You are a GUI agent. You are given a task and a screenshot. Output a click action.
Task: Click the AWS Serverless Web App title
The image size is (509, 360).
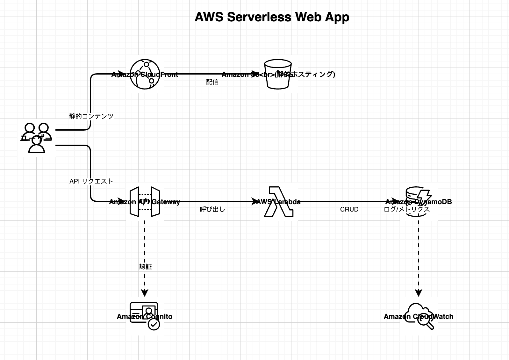pyautogui.click(x=272, y=17)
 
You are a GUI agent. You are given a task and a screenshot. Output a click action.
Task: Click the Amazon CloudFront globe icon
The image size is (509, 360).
pyautogui.click(x=145, y=74)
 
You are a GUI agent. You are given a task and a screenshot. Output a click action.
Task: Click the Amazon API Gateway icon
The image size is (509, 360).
pyautogui.click(x=145, y=202)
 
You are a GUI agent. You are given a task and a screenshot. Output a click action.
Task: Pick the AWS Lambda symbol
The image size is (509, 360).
pyautogui.click(x=278, y=202)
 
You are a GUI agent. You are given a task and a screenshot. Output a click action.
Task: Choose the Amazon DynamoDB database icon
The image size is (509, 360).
pyautogui.click(x=418, y=202)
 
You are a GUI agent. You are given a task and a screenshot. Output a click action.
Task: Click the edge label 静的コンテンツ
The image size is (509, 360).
pyautogui.click(x=91, y=116)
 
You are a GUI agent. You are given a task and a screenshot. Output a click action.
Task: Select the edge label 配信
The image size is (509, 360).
pyautogui.click(x=212, y=82)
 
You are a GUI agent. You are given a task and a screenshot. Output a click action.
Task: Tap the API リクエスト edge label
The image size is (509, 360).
pyautogui.click(x=91, y=181)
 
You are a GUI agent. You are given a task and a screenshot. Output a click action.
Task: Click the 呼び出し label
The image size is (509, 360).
pyautogui.click(x=212, y=209)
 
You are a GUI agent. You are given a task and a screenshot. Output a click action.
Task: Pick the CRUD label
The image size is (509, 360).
pyautogui.click(x=349, y=209)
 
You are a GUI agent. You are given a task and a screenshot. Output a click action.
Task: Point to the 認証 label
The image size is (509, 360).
pyautogui.click(x=146, y=267)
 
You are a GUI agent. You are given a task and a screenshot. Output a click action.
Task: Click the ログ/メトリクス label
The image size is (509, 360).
pyautogui.click(x=407, y=209)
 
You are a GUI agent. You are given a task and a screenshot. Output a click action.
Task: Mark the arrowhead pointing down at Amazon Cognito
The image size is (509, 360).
pyautogui.click(x=145, y=293)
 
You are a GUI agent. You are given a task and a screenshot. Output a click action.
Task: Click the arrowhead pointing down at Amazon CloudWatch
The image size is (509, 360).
pyautogui.click(x=419, y=293)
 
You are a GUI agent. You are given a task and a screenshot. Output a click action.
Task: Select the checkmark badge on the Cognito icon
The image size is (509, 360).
pyautogui.click(x=154, y=324)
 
